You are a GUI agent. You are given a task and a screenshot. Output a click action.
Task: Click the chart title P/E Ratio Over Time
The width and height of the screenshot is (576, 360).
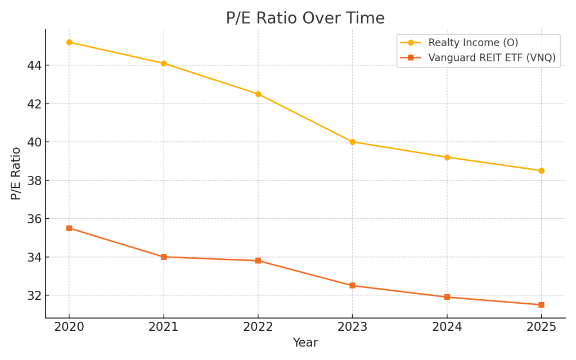pos(305,19)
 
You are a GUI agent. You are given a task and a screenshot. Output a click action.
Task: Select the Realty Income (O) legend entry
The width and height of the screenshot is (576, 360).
pos(472,43)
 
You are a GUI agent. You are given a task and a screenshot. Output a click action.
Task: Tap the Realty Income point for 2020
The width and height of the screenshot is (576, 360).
pos(69,42)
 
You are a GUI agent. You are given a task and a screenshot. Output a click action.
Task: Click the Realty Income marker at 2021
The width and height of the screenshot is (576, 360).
pos(164,64)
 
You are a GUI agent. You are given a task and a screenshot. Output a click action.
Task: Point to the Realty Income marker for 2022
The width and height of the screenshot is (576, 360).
pos(258,94)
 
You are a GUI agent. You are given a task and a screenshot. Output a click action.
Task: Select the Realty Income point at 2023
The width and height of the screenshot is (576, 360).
pos(353,142)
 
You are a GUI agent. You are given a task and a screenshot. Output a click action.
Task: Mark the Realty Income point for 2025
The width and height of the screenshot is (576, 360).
pos(541,170)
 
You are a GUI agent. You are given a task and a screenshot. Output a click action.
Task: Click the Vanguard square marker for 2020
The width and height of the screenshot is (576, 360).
pos(69,228)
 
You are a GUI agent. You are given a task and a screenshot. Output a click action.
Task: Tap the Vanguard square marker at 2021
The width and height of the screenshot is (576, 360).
pos(164,257)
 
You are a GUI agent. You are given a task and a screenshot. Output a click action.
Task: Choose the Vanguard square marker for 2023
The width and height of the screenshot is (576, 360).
pos(353,286)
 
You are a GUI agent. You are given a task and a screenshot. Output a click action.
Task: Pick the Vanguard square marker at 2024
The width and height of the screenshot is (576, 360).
pos(447,297)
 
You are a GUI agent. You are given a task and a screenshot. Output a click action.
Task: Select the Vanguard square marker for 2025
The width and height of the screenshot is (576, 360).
pos(541,305)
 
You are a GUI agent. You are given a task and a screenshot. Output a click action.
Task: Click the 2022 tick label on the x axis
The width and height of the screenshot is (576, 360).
pos(258,327)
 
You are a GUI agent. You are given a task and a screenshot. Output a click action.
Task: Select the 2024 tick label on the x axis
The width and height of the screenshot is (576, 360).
pos(447,327)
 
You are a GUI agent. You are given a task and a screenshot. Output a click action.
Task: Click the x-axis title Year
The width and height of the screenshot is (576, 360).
pos(305,343)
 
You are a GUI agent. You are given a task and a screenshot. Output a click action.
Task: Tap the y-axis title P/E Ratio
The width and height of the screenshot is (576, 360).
pos(16,173)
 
